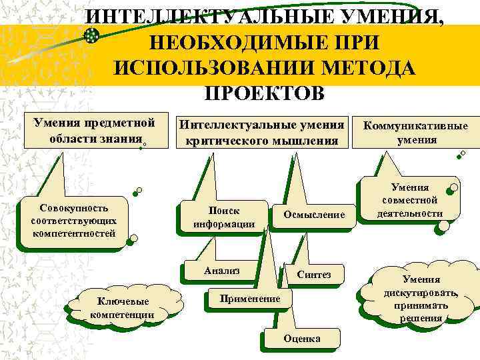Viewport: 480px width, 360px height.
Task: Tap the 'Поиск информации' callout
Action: (224, 217)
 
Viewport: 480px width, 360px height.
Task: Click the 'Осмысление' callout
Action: (314, 215)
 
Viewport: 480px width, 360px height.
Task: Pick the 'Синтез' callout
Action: (313, 275)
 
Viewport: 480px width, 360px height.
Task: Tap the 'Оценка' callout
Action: (301, 338)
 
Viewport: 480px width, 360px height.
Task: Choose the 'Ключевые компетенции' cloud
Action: (122, 307)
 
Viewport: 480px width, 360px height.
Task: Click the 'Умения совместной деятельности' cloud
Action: (409, 200)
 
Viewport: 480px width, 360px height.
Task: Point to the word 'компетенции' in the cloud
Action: (122, 314)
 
